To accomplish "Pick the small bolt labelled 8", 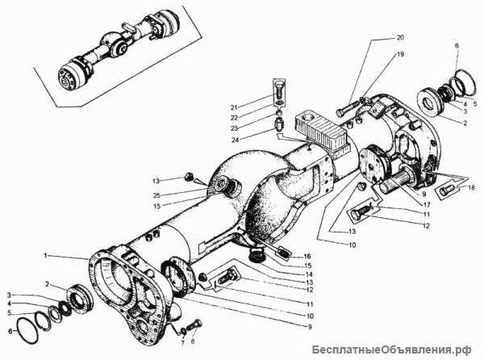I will (x=184, y=329).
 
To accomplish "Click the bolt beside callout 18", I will (x=445, y=192).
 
